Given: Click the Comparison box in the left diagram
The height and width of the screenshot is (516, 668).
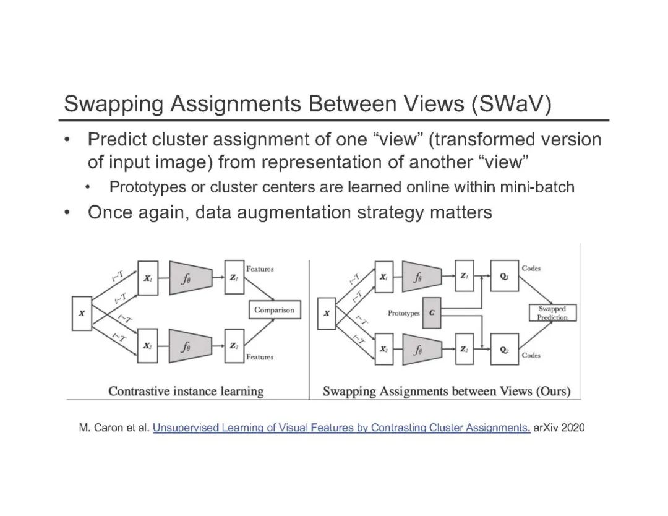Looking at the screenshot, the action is (275, 310).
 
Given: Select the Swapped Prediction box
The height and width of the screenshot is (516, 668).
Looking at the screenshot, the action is (552, 313).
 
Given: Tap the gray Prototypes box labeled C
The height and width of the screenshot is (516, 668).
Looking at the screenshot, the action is (431, 313).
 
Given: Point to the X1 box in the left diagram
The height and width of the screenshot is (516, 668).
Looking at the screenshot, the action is (148, 279).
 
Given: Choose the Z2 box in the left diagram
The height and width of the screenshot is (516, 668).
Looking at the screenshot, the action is (233, 346).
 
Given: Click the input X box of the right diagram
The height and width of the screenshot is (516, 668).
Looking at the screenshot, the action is (327, 314).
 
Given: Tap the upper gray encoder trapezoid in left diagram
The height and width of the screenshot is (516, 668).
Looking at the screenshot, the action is (190, 278).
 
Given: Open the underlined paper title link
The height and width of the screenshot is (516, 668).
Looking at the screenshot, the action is (341, 428).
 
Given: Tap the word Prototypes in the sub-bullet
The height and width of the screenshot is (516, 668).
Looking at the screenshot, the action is (143, 187).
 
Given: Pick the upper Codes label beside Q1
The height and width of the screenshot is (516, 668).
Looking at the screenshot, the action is (531, 269).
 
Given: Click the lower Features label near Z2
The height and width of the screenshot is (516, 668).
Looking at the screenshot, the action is (259, 357).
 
